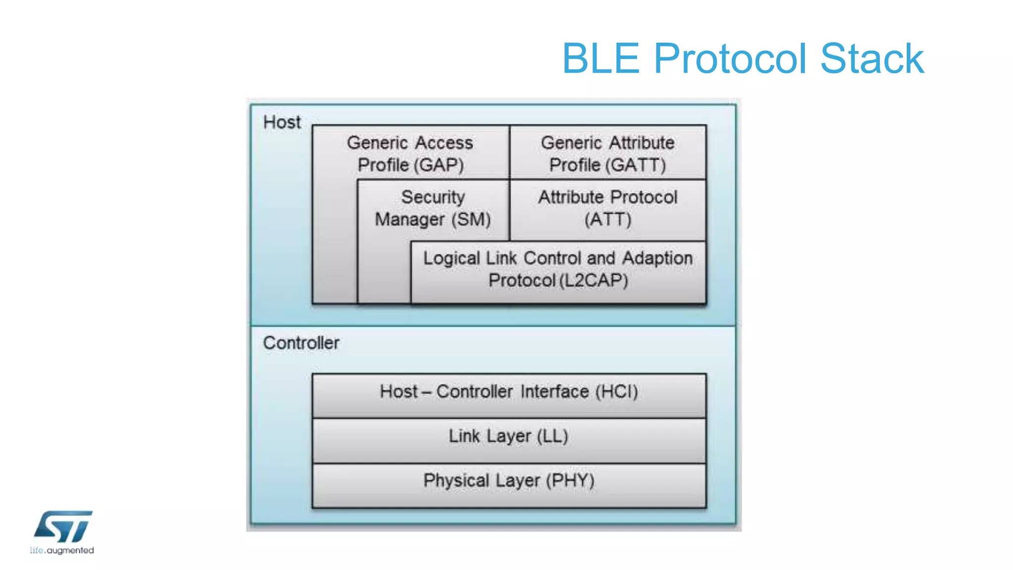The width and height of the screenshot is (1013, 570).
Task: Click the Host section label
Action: click(282, 122)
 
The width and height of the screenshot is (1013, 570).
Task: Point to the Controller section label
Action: click(301, 343)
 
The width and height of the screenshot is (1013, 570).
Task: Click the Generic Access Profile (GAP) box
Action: click(410, 153)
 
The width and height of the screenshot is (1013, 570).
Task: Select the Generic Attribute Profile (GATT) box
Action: click(607, 153)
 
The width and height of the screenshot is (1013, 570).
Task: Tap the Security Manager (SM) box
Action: click(433, 208)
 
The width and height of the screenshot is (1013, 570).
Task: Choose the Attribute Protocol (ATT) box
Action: click(607, 208)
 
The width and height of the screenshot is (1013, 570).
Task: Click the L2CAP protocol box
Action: click(558, 270)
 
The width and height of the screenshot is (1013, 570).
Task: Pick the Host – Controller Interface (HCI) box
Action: click(508, 392)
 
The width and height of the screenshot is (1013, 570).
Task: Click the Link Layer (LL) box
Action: click(508, 437)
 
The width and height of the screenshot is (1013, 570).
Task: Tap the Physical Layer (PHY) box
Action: click(508, 481)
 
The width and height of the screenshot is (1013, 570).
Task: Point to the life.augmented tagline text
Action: click(62, 550)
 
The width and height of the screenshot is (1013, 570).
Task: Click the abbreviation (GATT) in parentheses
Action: click(636, 165)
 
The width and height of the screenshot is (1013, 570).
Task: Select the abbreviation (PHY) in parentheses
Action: click(570, 480)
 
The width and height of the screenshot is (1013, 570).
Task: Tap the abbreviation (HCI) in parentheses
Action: click(616, 392)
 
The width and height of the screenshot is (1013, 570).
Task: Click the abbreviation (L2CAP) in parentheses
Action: click(594, 281)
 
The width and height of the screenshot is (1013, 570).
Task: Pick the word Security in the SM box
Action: click(433, 197)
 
